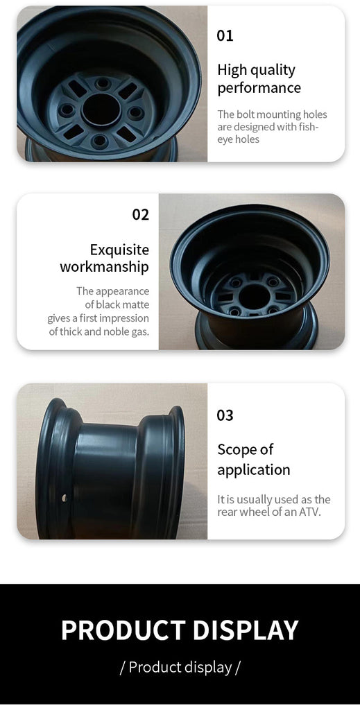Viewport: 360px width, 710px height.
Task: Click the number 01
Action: tap(225, 35)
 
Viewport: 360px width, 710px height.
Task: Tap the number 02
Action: tap(140, 214)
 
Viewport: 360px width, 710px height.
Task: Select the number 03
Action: tap(225, 415)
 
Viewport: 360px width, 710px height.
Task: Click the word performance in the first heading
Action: tap(259, 88)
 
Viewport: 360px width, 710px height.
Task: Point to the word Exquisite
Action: tap(119, 250)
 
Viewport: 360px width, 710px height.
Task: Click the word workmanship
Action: tap(104, 267)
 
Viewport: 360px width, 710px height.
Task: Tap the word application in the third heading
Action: tap(254, 470)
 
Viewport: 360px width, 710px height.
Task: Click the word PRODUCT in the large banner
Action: tap(123, 630)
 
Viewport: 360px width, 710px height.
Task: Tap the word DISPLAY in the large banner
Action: tap(246, 630)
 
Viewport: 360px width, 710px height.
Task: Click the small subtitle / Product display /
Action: tap(180, 667)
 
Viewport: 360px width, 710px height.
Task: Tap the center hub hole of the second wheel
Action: tap(254, 297)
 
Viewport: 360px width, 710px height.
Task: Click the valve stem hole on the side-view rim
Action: tap(65, 498)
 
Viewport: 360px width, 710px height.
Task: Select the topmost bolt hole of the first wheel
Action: tap(103, 84)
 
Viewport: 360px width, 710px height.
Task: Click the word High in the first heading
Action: tap(232, 70)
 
